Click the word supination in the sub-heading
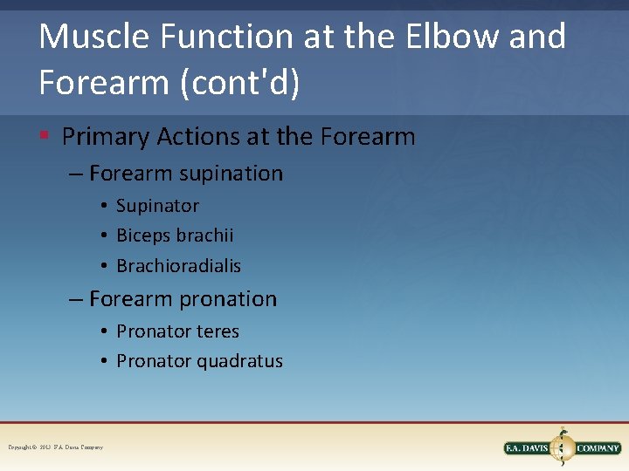(231, 174)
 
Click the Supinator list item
(157, 206)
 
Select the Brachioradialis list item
(178, 266)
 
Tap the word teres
(218, 331)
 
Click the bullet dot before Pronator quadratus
(103, 361)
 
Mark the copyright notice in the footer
(55, 447)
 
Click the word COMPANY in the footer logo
(598, 448)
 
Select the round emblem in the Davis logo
(563, 447)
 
